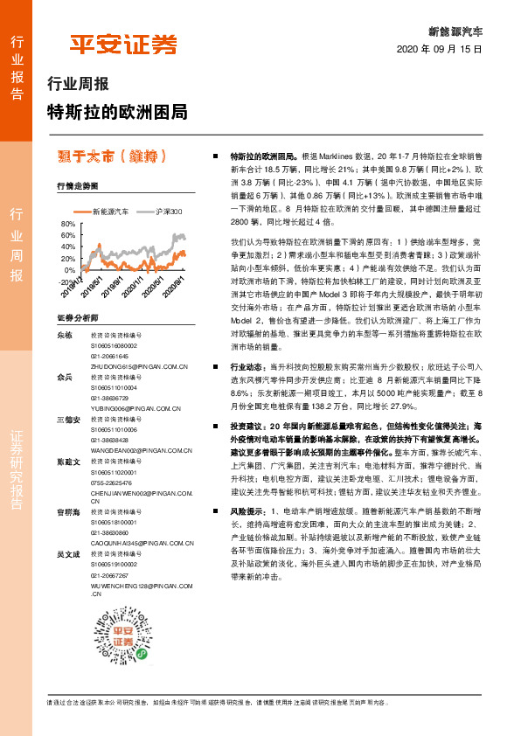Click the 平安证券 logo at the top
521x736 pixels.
pos(123,44)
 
